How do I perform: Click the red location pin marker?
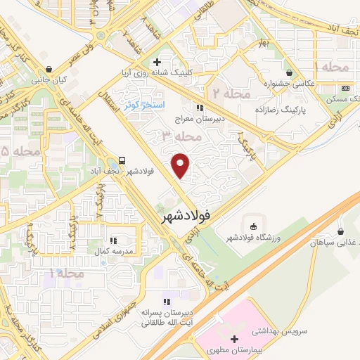[181, 165]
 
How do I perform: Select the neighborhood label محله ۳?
[157, 134]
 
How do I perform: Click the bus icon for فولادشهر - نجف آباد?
[123, 160]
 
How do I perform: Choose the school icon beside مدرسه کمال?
[114, 239]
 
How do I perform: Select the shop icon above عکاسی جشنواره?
[290, 72]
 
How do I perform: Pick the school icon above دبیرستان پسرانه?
[167, 300]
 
